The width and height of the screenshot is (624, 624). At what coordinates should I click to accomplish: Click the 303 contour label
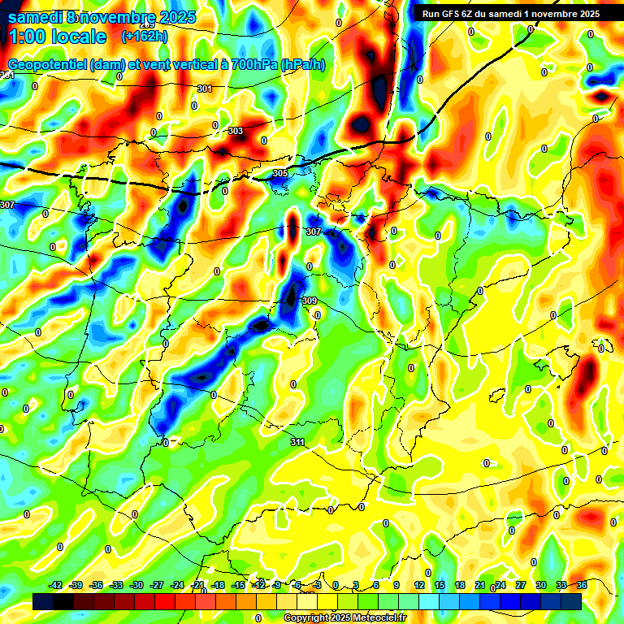pos(236,131)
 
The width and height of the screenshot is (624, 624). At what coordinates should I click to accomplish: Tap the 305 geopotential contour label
pos(279,173)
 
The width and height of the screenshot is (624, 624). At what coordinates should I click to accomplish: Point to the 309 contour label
pos(309,301)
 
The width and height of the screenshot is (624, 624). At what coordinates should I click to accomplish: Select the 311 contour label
pos(297,442)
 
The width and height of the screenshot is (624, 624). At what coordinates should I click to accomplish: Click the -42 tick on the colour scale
pos(56,585)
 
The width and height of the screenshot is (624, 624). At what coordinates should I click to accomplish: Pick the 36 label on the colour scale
pos(582,585)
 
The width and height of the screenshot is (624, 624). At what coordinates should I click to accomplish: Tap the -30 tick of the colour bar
pos(136,585)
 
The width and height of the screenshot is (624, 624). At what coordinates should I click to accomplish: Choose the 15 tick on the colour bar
pos(440,585)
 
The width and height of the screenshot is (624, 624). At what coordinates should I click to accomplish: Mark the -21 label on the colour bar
pos(197,585)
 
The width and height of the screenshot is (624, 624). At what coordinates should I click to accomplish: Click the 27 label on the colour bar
pos(521,585)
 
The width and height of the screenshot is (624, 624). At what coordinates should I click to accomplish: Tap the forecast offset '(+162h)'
pos(145,37)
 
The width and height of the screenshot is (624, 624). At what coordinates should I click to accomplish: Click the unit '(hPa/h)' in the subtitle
pos(302,64)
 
